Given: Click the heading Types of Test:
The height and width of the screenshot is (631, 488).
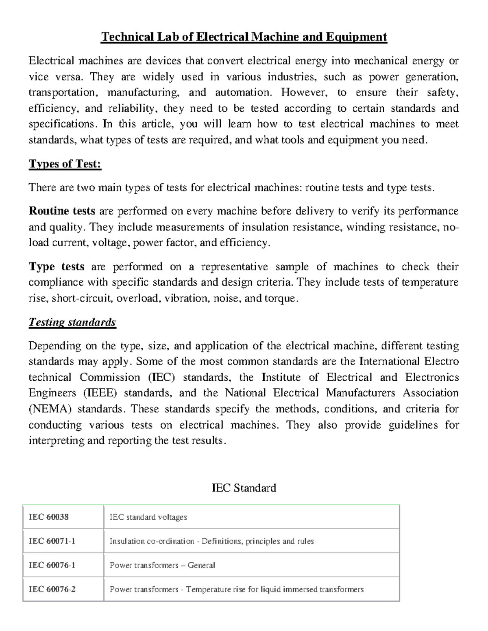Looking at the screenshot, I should [65, 164].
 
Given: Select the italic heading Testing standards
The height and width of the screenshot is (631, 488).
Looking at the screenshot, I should [72, 322].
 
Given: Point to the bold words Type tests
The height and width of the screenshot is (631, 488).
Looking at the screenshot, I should [57, 267].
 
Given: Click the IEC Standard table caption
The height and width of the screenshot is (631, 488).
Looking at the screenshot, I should [244, 488].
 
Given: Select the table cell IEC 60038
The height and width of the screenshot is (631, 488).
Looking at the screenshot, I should [49, 517].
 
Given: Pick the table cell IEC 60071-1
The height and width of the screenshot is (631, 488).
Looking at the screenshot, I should [52, 541].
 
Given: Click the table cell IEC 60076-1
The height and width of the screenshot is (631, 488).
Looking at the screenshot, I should [52, 565].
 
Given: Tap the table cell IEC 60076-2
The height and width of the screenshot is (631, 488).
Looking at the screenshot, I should [52, 589].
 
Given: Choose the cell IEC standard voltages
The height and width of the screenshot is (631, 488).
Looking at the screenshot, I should [148, 517].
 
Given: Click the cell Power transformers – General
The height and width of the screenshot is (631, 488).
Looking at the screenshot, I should [162, 565].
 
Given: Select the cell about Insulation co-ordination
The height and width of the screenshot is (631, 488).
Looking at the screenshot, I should [211, 541].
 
